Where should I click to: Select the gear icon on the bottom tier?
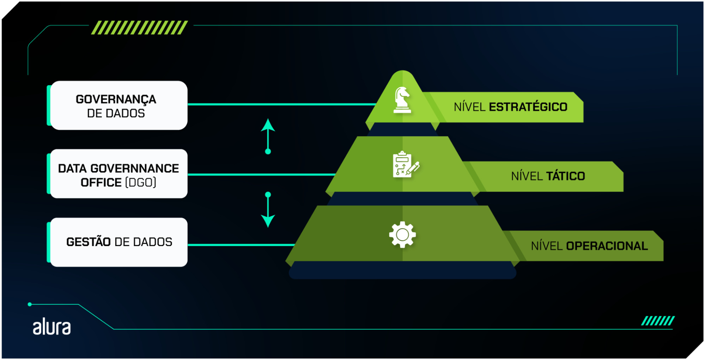click(x=402, y=234)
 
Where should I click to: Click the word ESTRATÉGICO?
click(x=528, y=107)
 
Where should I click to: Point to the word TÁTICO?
click(x=565, y=176)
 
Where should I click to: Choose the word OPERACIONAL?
click(x=607, y=246)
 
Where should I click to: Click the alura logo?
click(x=52, y=327)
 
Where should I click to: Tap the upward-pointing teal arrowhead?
click(x=268, y=125)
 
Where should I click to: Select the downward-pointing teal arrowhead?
click(x=268, y=221)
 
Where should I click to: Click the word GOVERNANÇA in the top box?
click(x=116, y=99)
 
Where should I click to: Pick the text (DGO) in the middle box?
click(x=140, y=183)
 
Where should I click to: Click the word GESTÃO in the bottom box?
click(x=89, y=242)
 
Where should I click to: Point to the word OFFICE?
click(x=101, y=183)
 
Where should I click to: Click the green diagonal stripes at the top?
click(x=139, y=28)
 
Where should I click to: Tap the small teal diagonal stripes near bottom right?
click(x=657, y=321)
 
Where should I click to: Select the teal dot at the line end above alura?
click(x=30, y=304)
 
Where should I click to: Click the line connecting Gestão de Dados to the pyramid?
click(x=241, y=245)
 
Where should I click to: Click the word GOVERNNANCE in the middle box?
click(x=135, y=169)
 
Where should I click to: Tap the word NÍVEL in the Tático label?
click(x=527, y=176)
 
